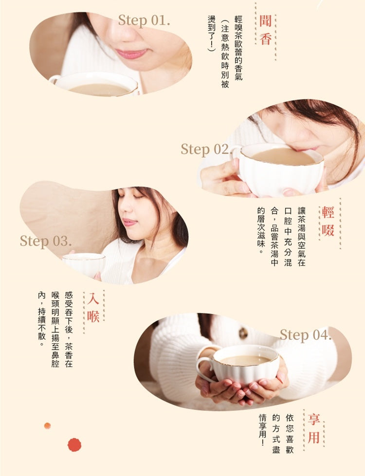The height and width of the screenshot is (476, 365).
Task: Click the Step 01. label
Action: (x=144, y=20)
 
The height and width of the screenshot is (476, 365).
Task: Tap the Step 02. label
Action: (x=206, y=149)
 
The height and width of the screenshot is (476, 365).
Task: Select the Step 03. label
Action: (x=46, y=241)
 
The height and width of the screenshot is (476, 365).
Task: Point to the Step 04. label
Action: (x=305, y=335)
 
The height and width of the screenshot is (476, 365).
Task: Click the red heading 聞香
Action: (x=265, y=30)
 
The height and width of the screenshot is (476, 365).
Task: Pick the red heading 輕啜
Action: (x=328, y=221)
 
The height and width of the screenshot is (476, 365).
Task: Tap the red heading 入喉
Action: (x=93, y=307)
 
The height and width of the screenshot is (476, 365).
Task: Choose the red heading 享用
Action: (x=314, y=429)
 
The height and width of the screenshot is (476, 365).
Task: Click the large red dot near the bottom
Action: (x=74, y=445)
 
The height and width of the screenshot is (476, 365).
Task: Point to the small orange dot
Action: (x=47, y=425)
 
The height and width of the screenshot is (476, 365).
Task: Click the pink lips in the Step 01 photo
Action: (x=131, y=54)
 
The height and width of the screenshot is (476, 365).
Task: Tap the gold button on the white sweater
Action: (x=243, y=333)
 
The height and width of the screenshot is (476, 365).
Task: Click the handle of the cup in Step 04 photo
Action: (x=203, y=369)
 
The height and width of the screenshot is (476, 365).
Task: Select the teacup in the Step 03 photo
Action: (x=84, y=265)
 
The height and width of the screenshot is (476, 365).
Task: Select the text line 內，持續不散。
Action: (x=41, y=319)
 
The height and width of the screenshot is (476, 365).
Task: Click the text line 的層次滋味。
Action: (x=261, y=230)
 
